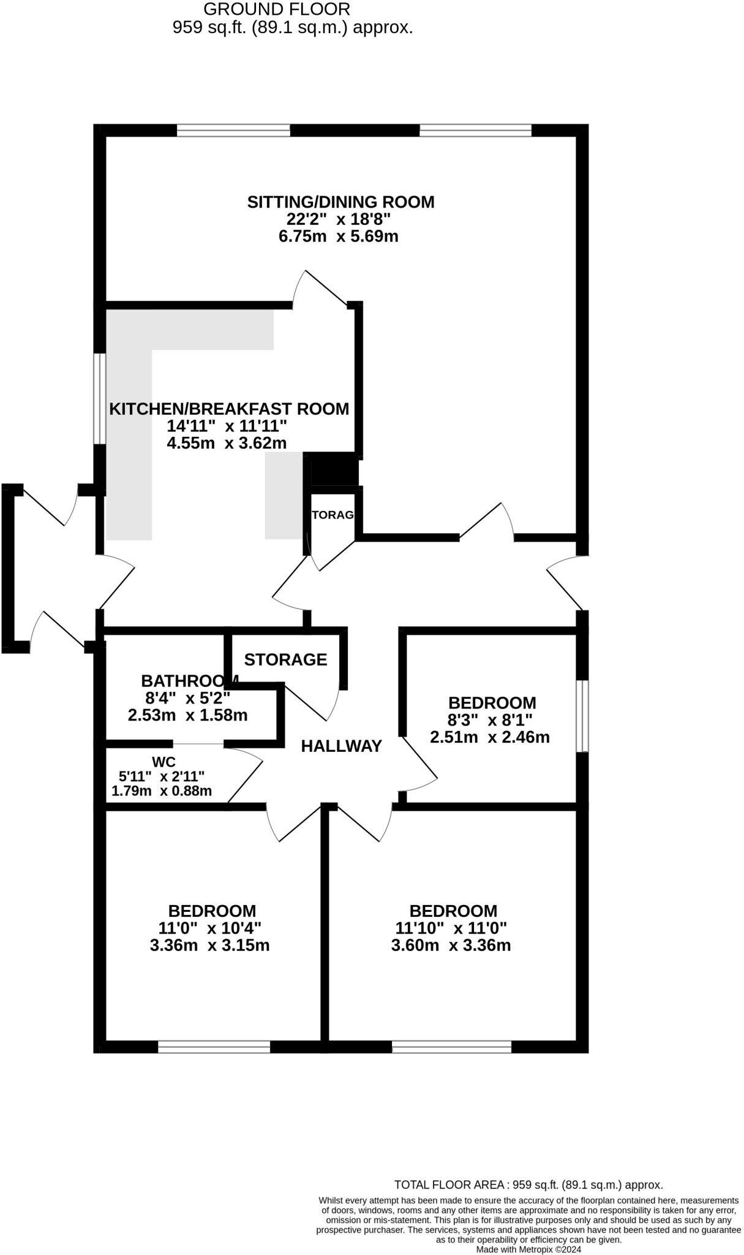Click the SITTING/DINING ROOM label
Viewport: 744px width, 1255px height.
[340, 202]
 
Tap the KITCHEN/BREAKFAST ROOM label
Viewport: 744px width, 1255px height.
[229, 409]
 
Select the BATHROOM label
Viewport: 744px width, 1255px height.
[189, 681]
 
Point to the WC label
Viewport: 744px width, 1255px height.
[163, 762]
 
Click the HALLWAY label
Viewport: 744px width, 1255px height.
[341, 746]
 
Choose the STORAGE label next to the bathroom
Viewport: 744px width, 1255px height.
[285, 659]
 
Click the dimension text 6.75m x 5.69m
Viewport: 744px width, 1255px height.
[338, 237]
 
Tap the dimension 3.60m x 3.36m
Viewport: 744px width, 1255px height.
[451, 945]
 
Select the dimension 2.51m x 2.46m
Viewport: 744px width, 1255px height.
[489, 737]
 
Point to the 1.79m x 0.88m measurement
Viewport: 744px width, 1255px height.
[162, 791]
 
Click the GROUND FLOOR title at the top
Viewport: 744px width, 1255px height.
[277, 9]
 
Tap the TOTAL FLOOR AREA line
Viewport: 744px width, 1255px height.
[528, 1185]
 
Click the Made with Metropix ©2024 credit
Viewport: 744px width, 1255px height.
[528, 1249]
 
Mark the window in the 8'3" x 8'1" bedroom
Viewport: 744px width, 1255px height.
[582, 715]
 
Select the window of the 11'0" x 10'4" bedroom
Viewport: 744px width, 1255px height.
[214, 1046]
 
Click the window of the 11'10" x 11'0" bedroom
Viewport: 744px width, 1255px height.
[451, 1046]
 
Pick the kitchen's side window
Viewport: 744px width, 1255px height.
[99, 397]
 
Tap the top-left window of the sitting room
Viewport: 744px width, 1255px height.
[233, 130]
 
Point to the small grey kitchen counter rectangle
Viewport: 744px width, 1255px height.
[284, 495]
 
